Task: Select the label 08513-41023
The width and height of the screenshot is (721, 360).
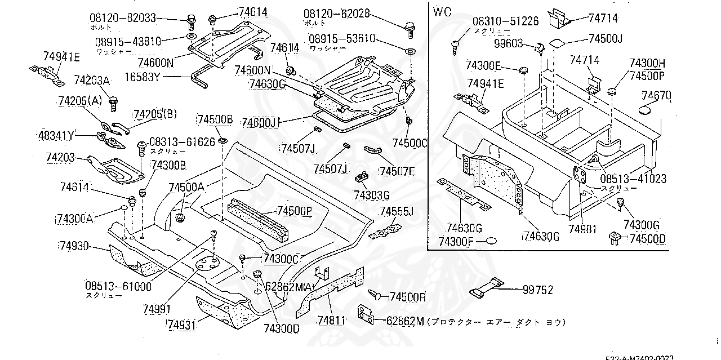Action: [633, 179]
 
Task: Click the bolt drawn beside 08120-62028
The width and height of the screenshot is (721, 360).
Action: [410, 28]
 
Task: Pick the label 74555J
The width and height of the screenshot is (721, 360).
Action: [397, 211]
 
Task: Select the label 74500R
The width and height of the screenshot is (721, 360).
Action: [408, 296]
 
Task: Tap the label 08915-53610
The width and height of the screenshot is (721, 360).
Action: [341, 39]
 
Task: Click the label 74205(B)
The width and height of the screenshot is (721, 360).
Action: [155, 114]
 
